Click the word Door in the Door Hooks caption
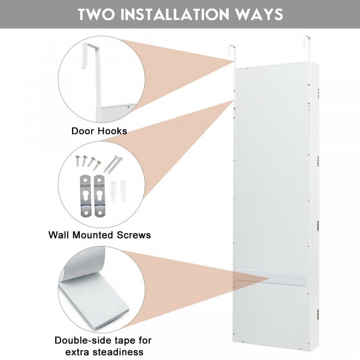(x=83, y=131)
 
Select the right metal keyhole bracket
(x=100, y=195)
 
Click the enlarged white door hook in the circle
(x=93, y=72)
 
